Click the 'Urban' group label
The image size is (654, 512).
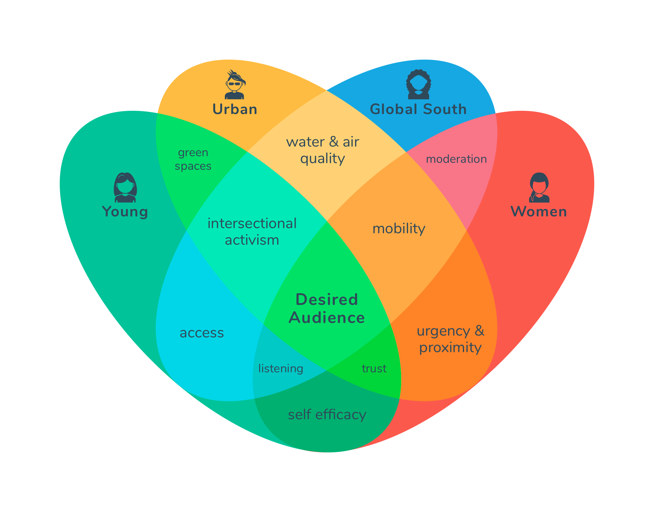(235, 109)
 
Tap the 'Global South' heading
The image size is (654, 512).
(418, 109)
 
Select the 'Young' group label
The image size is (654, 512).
(125, 212)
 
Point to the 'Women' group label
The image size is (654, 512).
(539, 211)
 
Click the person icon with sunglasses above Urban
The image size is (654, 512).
(235, 84)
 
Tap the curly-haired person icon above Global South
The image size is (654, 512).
(419, 84)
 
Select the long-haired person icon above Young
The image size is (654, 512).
(125, 187)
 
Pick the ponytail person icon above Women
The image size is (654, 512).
(539, 187)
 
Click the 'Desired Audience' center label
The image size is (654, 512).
(327, 309)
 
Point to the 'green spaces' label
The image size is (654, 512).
(193, 159)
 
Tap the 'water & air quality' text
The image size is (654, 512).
(323, 150)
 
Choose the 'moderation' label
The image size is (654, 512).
(456, 159)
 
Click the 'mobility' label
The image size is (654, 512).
(399, 229)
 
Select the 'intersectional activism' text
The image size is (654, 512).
(252, 232)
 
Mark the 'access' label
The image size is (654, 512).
(202, 333)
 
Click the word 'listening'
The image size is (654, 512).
(281, 369)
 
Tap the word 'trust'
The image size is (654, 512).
(374, 368)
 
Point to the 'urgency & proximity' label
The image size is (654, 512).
(450, 340)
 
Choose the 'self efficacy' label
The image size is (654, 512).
(327, 415)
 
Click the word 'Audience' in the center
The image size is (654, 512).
(327, 318)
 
